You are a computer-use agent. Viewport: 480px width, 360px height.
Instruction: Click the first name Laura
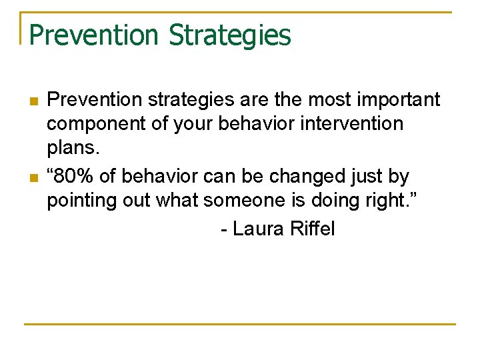[259, 229]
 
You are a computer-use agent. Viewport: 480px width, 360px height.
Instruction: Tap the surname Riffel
[313, 229]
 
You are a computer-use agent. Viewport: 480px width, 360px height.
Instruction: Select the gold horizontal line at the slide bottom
[240, 325]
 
